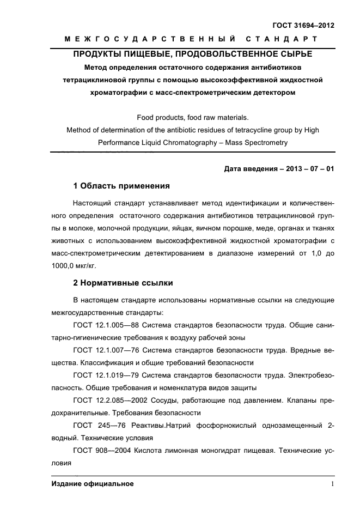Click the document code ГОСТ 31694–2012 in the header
[x=303, y=25]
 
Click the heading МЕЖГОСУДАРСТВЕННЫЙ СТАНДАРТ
[x=191, y=39]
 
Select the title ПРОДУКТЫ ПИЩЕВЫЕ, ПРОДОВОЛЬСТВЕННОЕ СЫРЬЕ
[x=193, y=54]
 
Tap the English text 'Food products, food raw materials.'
[x=193, y=117]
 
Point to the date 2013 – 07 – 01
[x=308, y=169]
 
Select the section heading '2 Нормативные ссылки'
[x=123, y=283]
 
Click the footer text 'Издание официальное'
[x=93, y=484]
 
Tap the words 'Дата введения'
[x=250, y=169]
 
